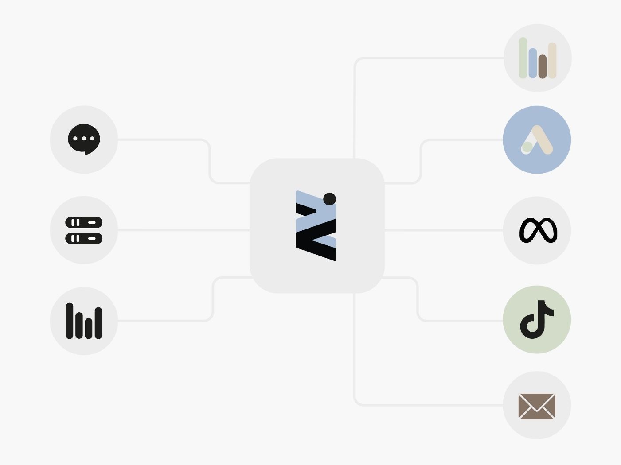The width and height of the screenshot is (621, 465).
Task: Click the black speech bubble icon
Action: pyautogui.click(x=84, y=139)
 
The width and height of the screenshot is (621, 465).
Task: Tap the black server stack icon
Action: pyautogui.click(x=84, y=230)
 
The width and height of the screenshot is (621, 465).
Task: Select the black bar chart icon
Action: pyautogui.click(x=84, y=321)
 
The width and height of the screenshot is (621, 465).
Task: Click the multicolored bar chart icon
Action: pyautogui.click(x=537, y=58)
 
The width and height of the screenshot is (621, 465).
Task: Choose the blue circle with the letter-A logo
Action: pyautogui.click(x=537, y=140)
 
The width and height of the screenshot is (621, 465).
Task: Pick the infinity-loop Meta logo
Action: pyautogui.click(x=538, y=230)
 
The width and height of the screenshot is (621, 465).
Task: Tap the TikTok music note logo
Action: pyautogui.click(x=536, y=319)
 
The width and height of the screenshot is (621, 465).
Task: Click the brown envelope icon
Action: pyautogui.click(x=537, y=406)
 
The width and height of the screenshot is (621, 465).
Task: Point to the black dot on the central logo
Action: pyautogui.click(x=329, y=199)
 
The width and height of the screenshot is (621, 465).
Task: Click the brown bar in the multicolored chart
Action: pyautogui.click(x=543, y=67)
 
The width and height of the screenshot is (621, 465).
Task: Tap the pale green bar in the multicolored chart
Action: pyautogui.click(x=523, y=58)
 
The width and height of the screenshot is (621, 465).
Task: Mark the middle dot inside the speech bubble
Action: pyautogui.click(x=84, y=139)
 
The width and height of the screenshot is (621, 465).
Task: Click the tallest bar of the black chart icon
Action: pyautogui.click(x=70, y=321)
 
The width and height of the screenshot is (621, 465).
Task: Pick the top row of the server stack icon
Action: pyautogui.click(x=84, y=222)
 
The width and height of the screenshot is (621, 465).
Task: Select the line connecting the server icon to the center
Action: pyautogui.click(x=184, y=230)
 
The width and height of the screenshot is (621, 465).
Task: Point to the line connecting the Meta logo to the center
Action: pyautogui.click(x=443, y=230)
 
